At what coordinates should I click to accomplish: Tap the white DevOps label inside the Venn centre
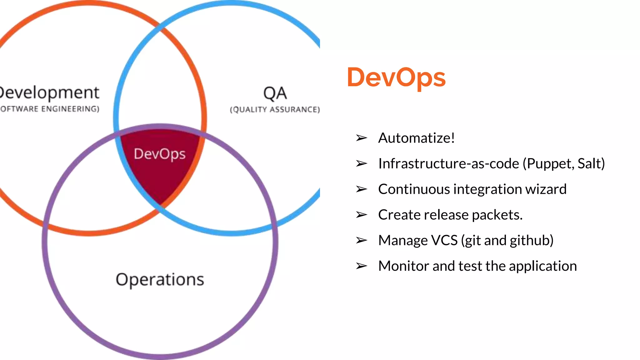160,154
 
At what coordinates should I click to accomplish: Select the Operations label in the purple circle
160,279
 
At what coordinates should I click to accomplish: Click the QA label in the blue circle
275,93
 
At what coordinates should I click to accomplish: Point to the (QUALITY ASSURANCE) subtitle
275,109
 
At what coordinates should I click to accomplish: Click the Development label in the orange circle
49,93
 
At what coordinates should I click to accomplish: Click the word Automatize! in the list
416,138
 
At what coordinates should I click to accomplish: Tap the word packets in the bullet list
497,215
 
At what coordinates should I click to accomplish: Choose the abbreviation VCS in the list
444,240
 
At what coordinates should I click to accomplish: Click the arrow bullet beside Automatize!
361,138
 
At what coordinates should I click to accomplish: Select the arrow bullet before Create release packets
361,215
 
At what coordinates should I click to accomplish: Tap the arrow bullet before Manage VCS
361,240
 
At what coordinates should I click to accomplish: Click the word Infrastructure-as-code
448,163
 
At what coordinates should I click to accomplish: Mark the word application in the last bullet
543,266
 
